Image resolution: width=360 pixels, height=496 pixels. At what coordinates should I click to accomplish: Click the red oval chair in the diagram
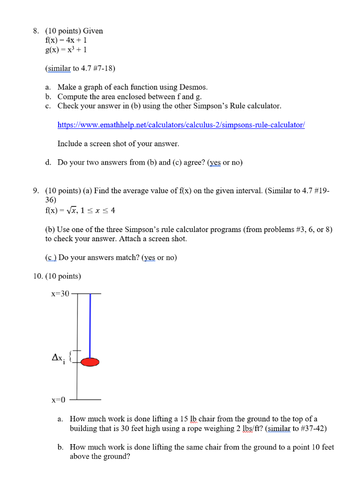90,362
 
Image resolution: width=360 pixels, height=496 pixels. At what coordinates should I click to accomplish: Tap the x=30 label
60,294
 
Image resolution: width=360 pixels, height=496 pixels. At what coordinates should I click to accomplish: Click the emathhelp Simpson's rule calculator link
181,124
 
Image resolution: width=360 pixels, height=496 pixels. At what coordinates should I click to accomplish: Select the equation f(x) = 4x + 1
65,40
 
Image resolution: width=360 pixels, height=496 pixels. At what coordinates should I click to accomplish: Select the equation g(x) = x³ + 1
65,49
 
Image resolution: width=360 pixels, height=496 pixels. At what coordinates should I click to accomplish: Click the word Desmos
194,87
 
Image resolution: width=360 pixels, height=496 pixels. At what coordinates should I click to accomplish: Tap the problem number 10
38,276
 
